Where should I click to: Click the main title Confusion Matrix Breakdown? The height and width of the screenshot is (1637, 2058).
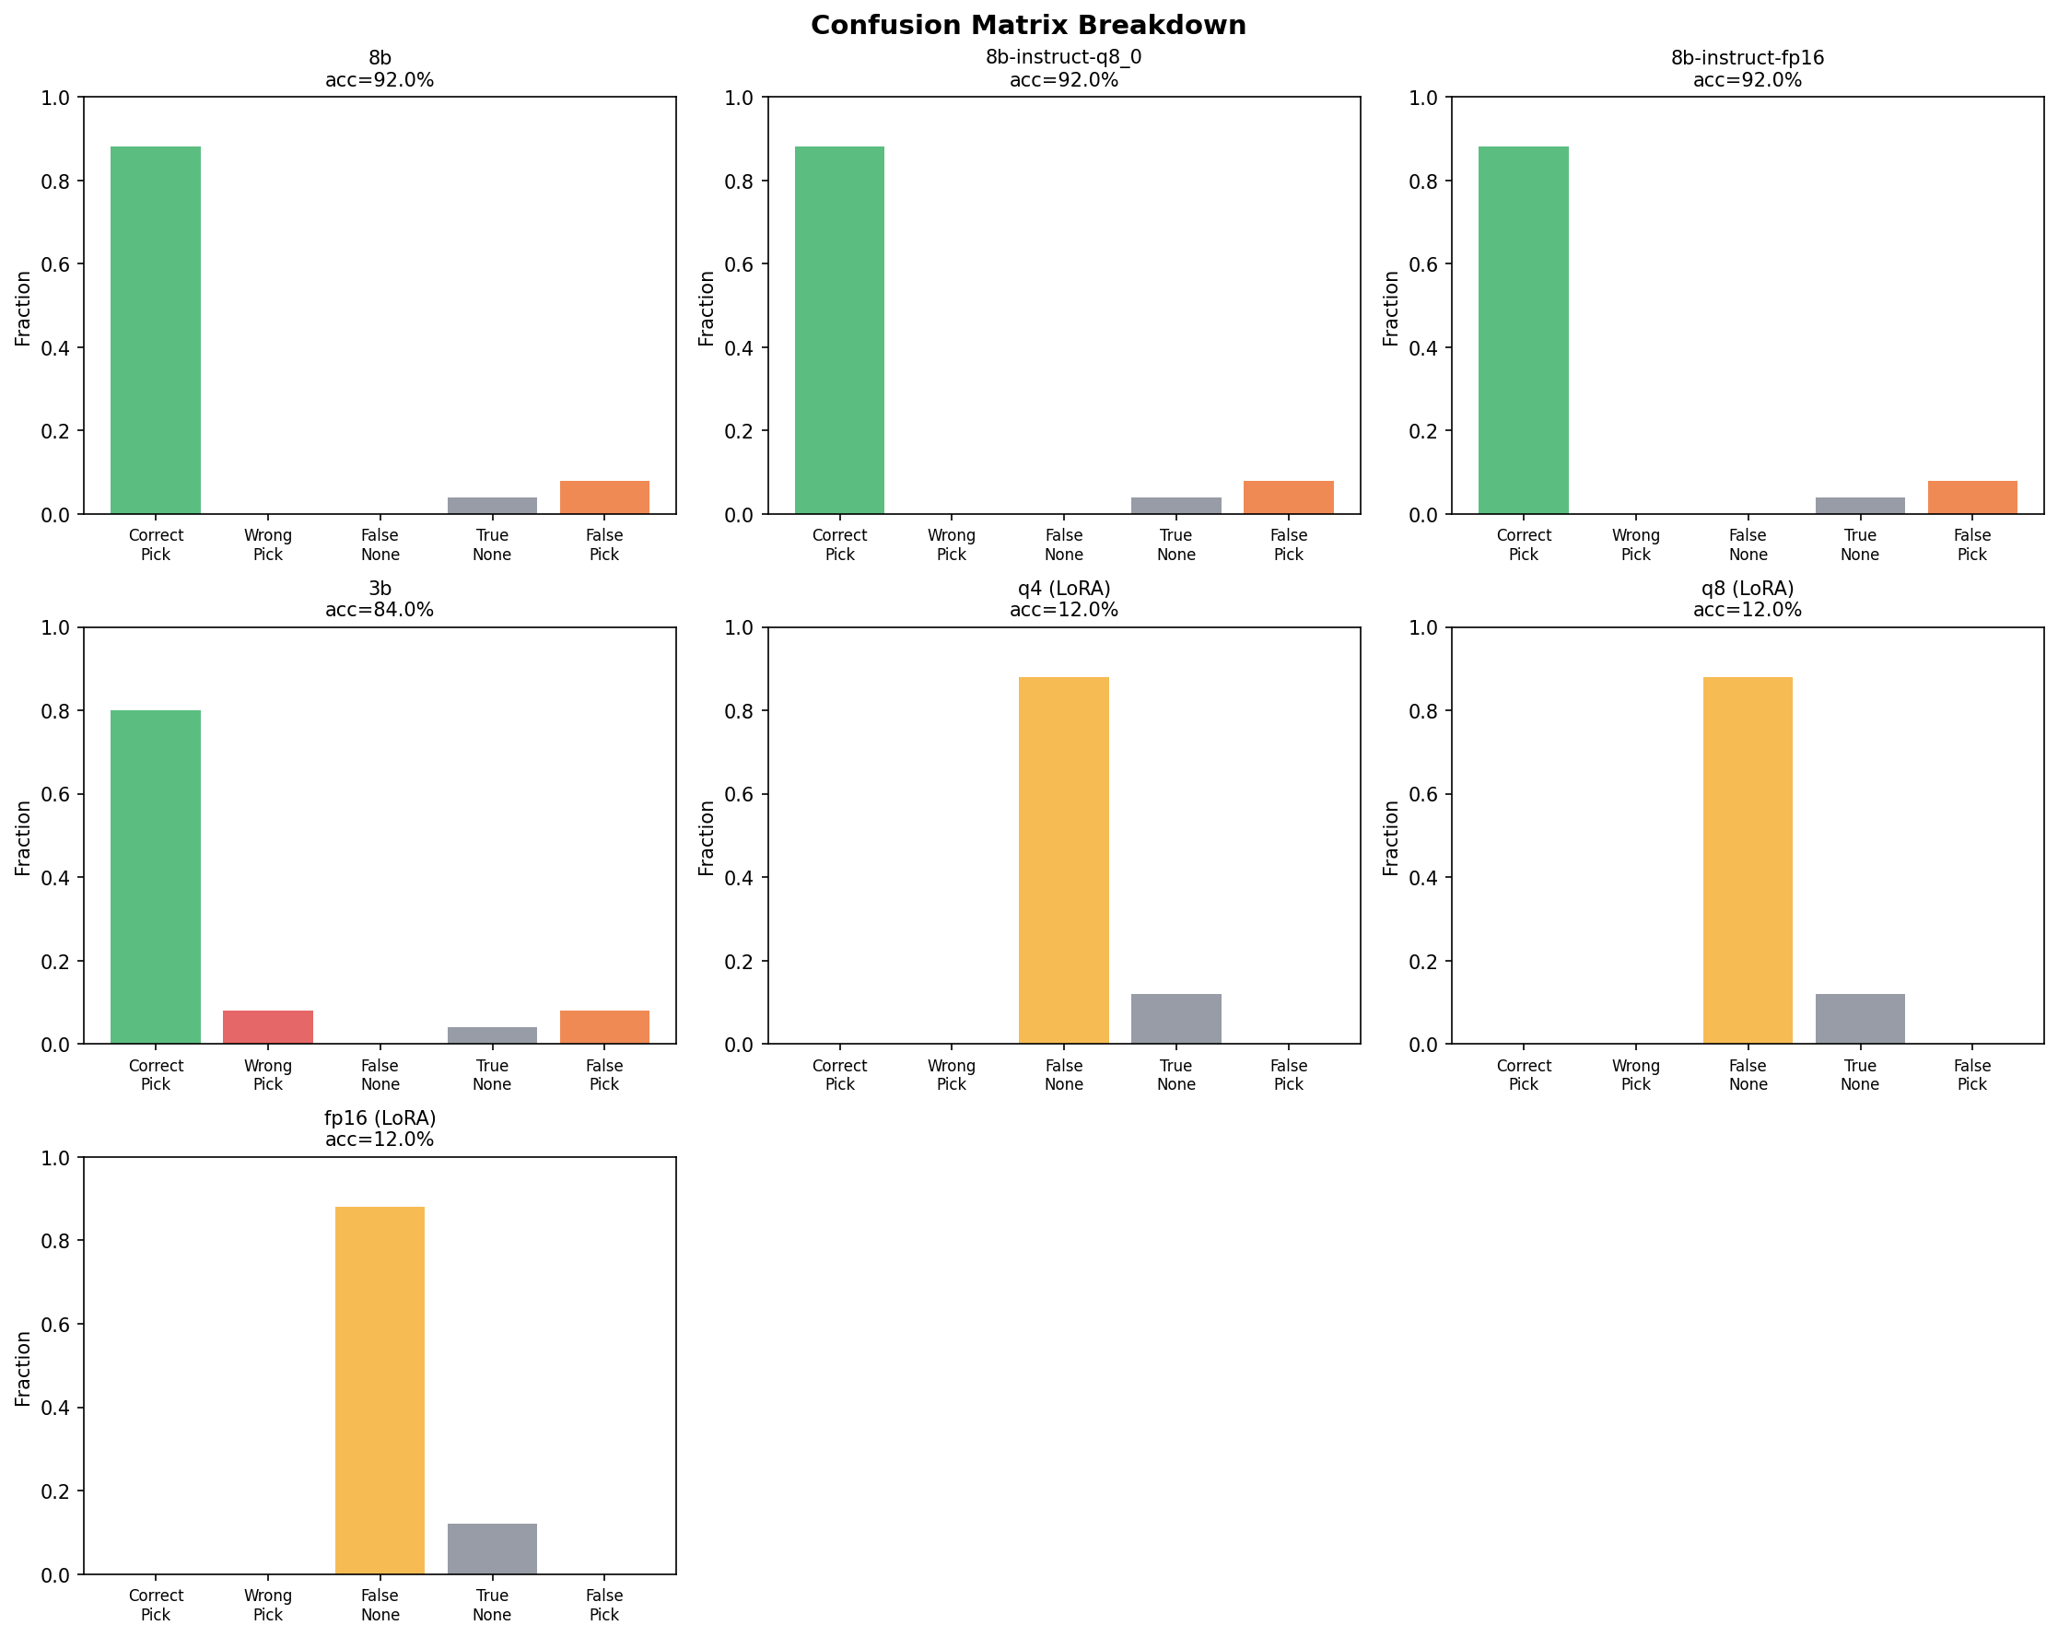click(1028, 25)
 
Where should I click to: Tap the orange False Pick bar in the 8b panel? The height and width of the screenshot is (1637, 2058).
click(604, 497)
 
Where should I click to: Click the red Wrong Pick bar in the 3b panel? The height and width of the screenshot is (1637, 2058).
click(267, 1026)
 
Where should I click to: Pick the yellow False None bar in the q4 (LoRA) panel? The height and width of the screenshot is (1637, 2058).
click(1063, 859)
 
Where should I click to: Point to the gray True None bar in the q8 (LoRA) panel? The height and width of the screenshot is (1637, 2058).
click(1859, 1018)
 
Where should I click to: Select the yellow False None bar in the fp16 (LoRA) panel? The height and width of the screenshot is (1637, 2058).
click(379, 1389)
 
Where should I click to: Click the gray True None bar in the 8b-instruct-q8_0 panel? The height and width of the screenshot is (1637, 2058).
click(1175, 505)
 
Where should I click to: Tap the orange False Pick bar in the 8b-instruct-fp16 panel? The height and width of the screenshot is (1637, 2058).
click(1972, 497)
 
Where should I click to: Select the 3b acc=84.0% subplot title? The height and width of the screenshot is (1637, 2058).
click(379, 599)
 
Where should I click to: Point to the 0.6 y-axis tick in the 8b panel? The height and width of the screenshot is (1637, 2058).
click(55, 264)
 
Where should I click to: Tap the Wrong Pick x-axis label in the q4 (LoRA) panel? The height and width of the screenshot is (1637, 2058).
click(951, 1074)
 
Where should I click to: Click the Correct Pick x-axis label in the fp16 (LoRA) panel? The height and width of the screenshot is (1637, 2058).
click(156, 1605)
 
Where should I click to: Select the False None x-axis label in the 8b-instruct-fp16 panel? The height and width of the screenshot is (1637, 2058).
click(1748, 544)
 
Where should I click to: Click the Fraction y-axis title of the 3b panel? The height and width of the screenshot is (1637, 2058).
click(23, 836)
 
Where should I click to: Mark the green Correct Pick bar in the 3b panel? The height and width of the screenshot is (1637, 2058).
click(156, 876)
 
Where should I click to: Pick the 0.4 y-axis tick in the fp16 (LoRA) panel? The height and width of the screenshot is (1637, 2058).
click(55, 1408)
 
